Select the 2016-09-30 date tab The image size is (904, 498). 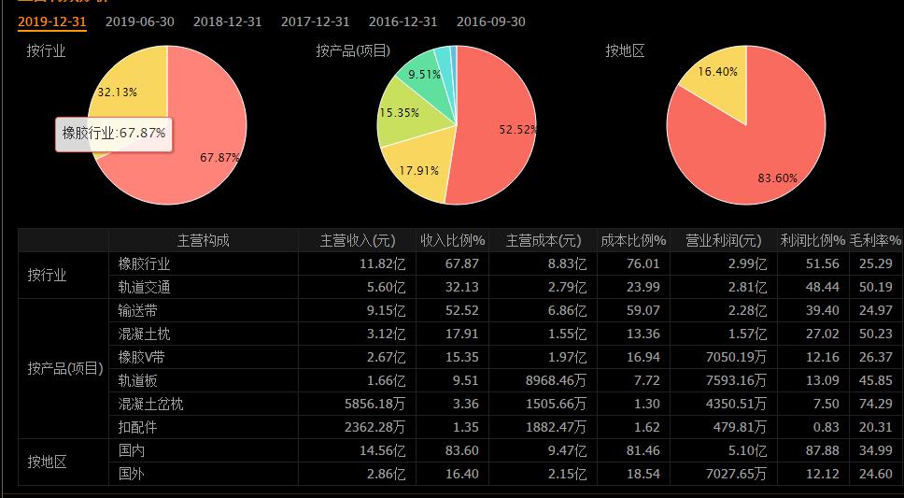[x=491, y=21]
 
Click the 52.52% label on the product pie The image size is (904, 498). [x=517, y=130]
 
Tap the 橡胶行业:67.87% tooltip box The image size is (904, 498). [x=114, y=133]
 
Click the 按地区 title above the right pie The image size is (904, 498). [x=625, y=50]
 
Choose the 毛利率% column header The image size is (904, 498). [x=876, y=240]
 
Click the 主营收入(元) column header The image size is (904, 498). [x=359, y=240]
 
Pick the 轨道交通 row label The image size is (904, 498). [x=145, y=287]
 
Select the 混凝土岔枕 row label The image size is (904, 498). [x=151, y=404]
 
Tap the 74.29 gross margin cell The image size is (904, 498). [x=876, y=404]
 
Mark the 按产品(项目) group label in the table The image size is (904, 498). [x=64, y=368]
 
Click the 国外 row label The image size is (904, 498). [x=132, y=474]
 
